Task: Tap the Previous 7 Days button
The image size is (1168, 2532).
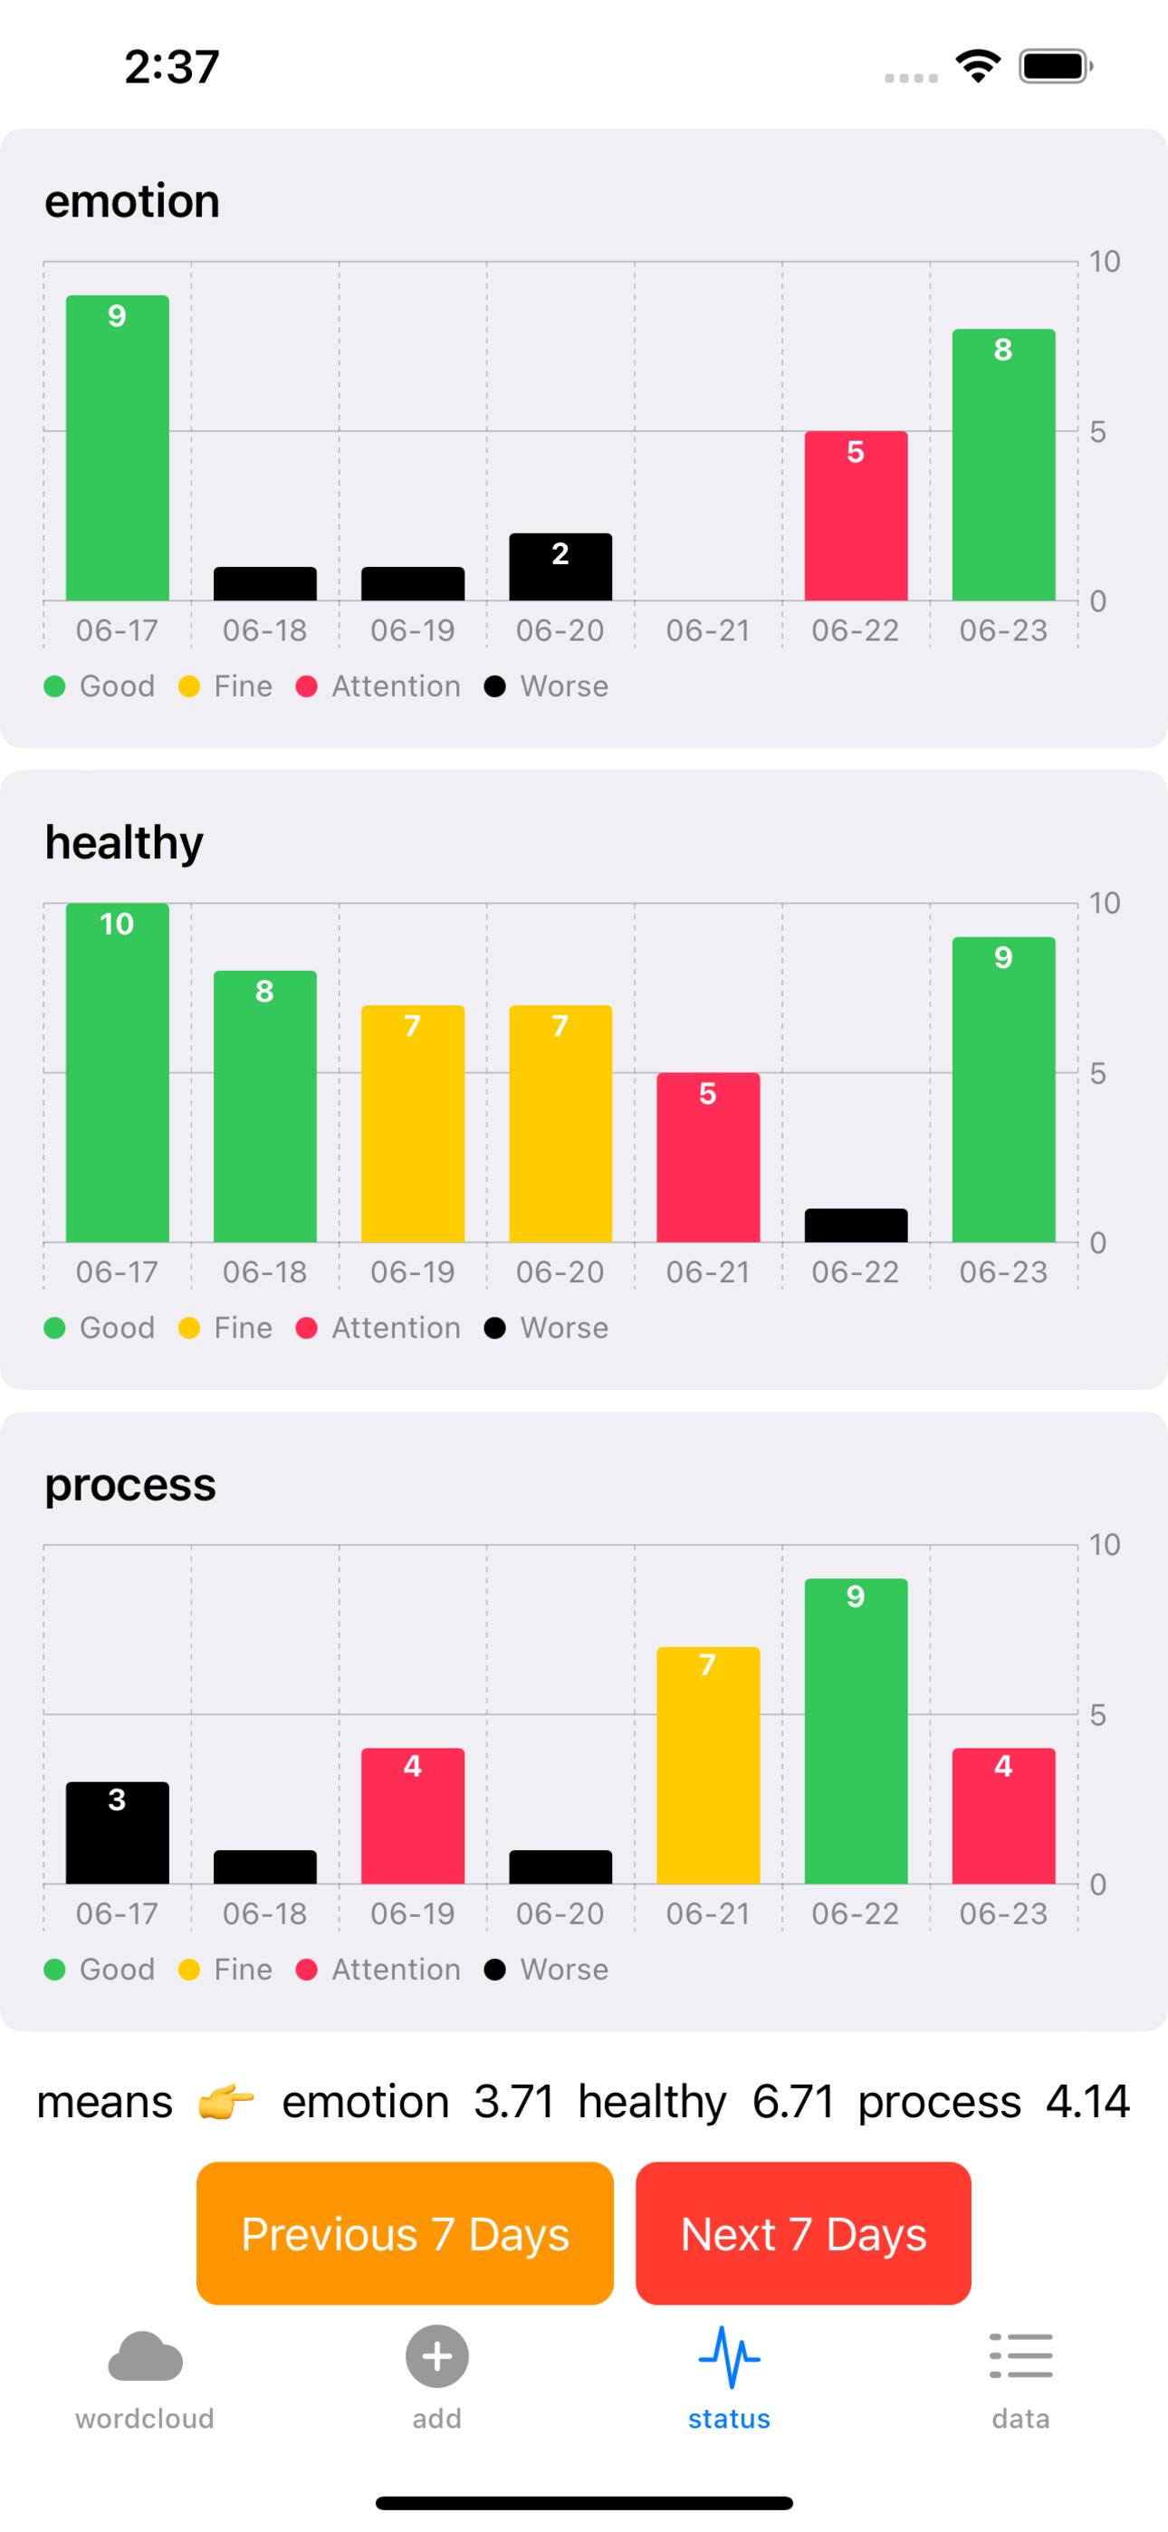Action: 404,2233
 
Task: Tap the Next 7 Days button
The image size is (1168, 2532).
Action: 802,2233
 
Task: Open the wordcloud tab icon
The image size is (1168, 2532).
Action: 145,2356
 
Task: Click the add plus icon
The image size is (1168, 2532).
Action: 436,2356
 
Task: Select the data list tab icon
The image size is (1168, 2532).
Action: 1020,2356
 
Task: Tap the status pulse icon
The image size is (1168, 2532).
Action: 729,2356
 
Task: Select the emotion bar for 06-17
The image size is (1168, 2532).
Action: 117,447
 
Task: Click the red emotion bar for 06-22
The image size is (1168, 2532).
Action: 856,516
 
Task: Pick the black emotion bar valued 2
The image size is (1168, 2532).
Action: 560,567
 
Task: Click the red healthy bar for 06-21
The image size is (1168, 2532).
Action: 708,1157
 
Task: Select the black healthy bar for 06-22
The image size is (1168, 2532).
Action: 856,1224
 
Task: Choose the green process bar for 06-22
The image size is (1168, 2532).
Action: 856,1731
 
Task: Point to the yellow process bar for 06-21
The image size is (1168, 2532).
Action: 708,1765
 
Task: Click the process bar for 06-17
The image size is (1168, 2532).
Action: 117,1832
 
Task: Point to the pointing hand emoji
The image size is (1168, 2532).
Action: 226,2103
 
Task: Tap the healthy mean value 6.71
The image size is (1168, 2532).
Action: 792,2103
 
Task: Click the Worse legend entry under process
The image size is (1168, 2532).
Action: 547,1969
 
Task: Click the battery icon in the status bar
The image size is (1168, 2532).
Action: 1055,67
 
